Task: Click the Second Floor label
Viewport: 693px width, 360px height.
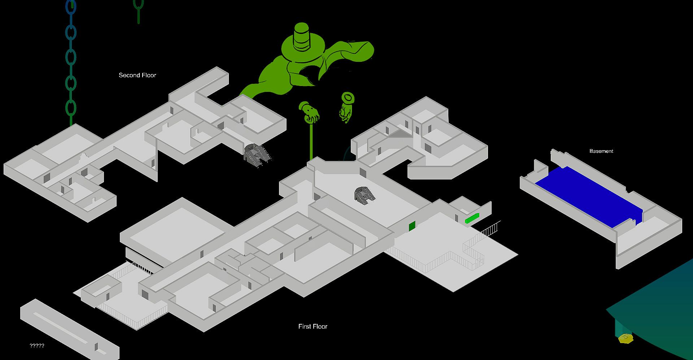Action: (x=138, y=75)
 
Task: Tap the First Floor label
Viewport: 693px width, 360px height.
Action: (x=313, y=326)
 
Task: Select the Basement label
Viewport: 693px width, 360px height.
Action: (x=601, y=151)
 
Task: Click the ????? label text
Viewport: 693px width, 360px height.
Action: (x=37, y=346)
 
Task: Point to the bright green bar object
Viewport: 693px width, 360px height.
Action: (x=472, y=218)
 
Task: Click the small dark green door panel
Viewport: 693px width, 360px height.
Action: (x=412, y=226)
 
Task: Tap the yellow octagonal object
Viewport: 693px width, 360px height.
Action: (x=626, y=338)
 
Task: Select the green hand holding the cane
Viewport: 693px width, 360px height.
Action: (x=309, y=112)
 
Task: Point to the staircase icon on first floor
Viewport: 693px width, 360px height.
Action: (x=365, y=195)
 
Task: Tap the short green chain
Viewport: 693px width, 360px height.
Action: (x=138, y=11)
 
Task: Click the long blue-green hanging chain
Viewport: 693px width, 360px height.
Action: (x=71, y=61)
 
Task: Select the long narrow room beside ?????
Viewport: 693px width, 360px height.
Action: (x=69, y=329)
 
